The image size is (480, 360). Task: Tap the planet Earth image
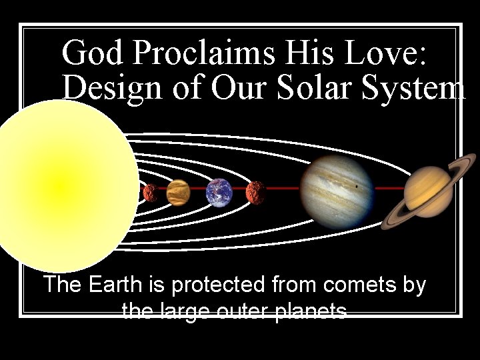click(219, 192)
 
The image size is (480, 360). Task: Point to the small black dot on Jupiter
click(359, 187)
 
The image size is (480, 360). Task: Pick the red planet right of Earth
click(255, 193)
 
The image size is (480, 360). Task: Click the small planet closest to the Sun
click(151, 193)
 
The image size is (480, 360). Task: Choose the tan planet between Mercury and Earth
click(178, 193)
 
